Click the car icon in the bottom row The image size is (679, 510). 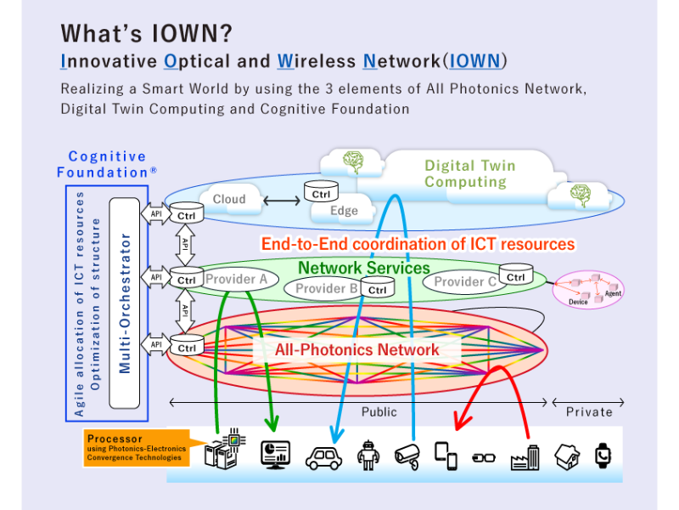[323, 457]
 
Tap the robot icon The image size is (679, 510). [366, 456]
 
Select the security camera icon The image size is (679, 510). [407, 456]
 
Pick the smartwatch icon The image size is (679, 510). [602, 456]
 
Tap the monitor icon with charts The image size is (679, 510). [276, 456]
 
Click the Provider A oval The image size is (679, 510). [235, 279]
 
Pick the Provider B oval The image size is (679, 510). [326, 289]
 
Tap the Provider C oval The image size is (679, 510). [465, 282]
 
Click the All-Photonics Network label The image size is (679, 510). [356, 349]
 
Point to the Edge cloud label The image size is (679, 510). [344, 211]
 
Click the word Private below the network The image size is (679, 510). [589, 411]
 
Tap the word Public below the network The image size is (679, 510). [379, 411]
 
